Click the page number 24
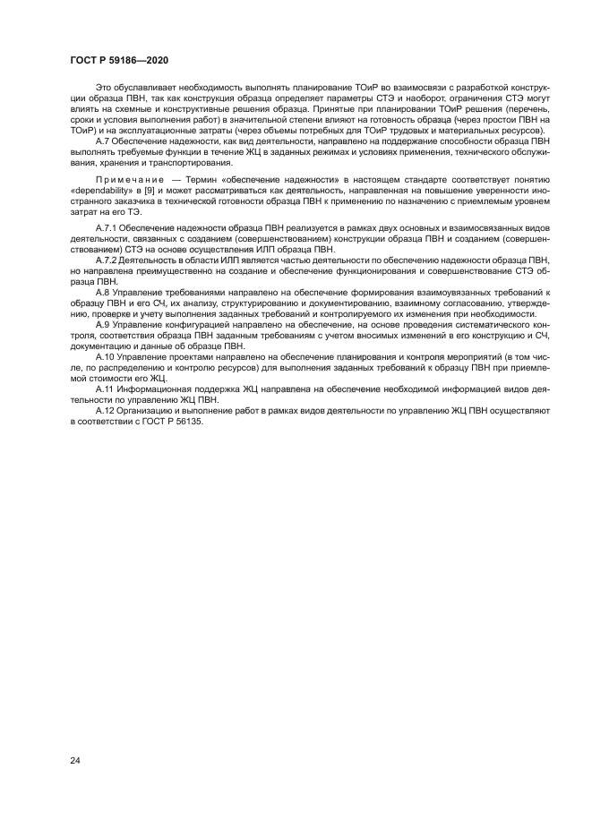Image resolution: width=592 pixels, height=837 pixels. [75, 760]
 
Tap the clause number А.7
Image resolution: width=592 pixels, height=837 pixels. [102, 141]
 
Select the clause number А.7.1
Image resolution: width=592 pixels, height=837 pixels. [107, 231]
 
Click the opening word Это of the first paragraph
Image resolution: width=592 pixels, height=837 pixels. [103, 85]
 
